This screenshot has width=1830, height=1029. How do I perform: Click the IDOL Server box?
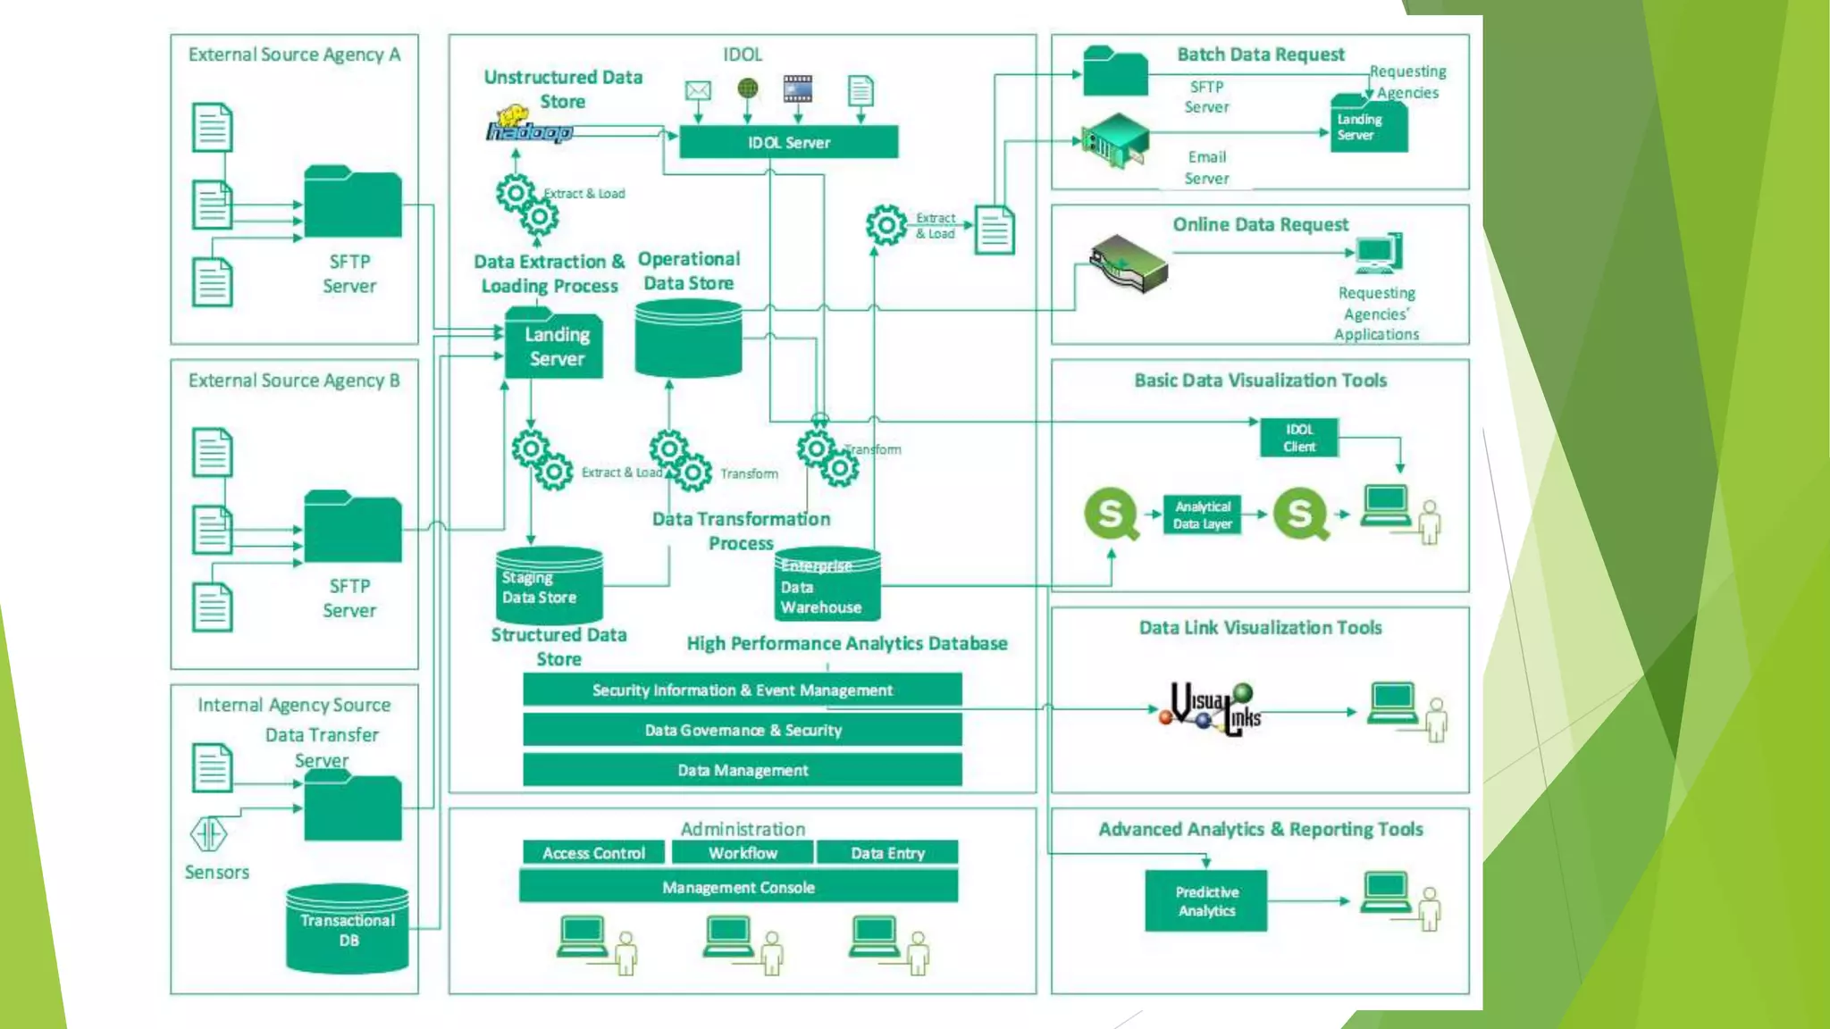788,142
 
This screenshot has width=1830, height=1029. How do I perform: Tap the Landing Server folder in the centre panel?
555,346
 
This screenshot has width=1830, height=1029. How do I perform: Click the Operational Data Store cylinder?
688,339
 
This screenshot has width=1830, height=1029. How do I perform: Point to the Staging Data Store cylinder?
549,587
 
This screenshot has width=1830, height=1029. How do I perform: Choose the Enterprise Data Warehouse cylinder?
827,586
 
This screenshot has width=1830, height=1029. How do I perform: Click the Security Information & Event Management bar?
742,690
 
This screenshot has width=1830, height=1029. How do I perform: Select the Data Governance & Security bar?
742,730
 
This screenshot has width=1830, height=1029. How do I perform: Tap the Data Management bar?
742,770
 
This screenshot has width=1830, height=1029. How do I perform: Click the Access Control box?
593,853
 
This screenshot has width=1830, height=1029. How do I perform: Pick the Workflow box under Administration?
743,853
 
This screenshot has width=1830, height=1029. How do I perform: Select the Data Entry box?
886,853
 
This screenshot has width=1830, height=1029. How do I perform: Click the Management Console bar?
738,887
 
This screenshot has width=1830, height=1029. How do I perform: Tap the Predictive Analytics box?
1205,901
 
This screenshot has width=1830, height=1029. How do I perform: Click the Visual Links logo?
1211,710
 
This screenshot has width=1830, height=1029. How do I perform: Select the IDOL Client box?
1299,438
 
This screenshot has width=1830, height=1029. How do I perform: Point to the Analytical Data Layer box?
1202,515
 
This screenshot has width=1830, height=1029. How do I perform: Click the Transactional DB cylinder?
348,930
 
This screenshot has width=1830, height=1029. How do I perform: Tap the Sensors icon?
208,835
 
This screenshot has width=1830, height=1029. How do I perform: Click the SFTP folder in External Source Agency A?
352,204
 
